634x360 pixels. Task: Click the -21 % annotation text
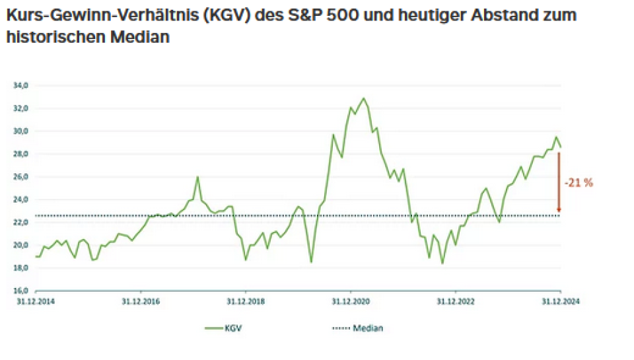point(579,183)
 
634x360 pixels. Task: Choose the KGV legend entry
point(223,327)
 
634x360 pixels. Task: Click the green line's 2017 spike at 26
point(197,177)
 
